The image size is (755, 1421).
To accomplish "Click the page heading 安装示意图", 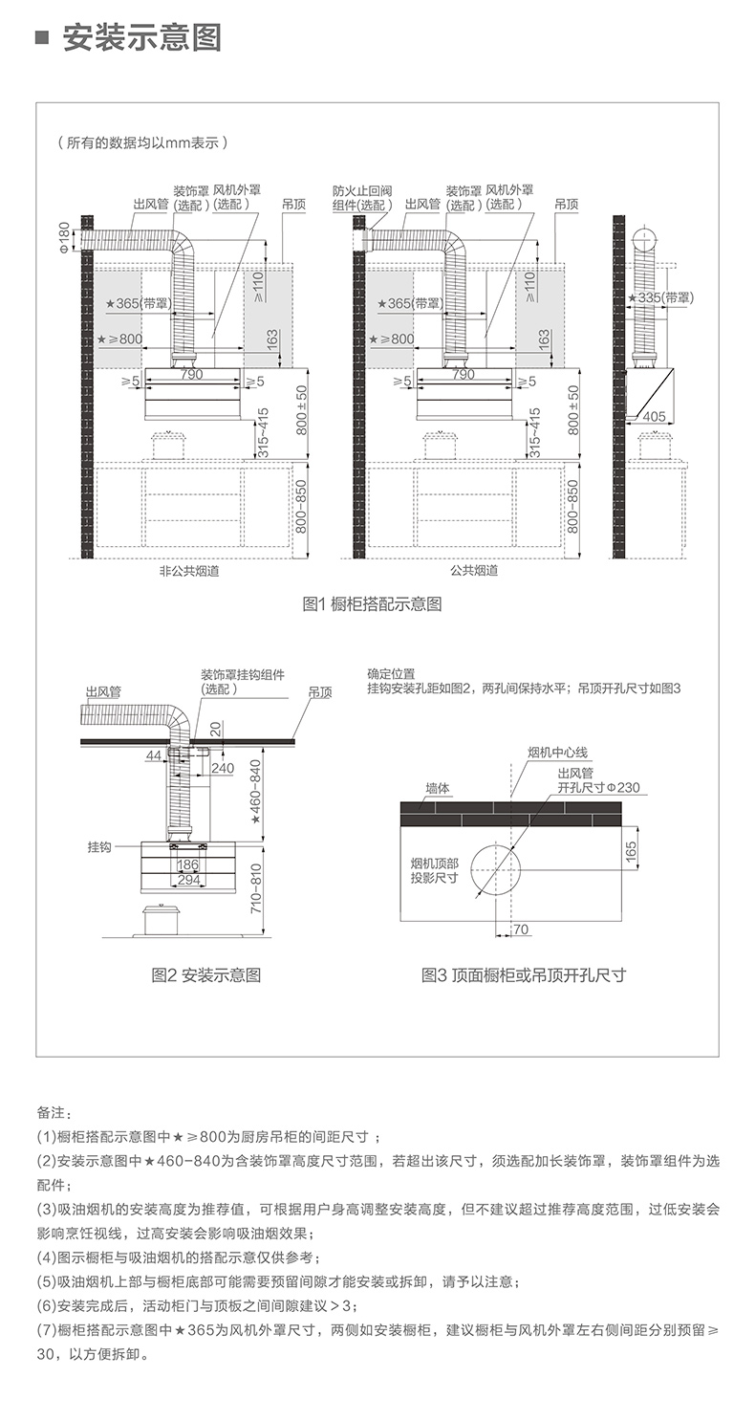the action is pos(141,37).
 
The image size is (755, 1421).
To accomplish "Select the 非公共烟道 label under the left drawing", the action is pos(189,571).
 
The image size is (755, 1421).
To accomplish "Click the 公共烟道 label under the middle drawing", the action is pos(474,570).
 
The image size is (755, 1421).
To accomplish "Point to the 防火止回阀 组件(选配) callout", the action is pos(362,198).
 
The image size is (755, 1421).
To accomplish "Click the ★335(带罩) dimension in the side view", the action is pos(660,297).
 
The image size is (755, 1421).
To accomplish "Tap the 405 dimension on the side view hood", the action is pos(655,417).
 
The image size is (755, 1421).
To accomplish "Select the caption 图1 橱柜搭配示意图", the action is pos(372,604).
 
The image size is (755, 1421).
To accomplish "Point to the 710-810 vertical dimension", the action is pos(255,888).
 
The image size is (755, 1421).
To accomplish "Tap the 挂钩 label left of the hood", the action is pos(99,847).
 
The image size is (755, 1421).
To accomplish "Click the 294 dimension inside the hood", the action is pos(189,880).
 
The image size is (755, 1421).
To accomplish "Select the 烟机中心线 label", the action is pos(558,753).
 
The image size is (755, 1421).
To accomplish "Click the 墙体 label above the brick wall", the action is pos(438,788).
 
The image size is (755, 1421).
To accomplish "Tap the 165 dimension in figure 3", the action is pos(631,851).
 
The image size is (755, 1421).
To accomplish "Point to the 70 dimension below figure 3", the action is pos(521,929).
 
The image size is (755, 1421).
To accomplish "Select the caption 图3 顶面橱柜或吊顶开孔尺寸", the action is pos(524,975).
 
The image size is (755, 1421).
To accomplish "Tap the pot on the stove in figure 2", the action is pos(161,919).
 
